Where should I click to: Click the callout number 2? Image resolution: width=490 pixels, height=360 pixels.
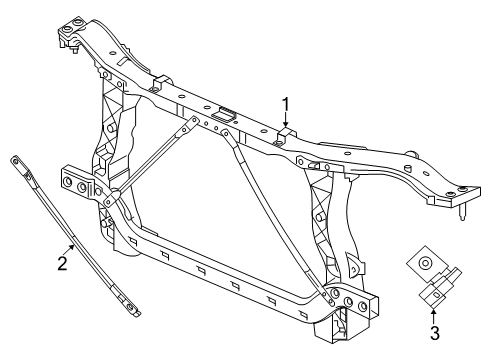(62, 263)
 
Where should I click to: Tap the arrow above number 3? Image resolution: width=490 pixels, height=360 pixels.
(432, 306)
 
